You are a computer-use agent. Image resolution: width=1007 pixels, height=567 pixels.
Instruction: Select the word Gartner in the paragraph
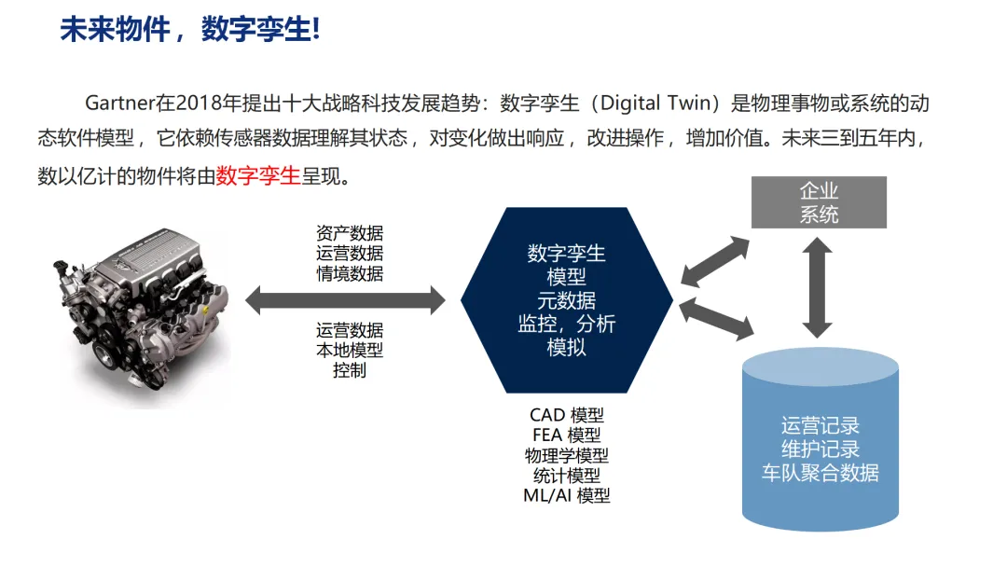(117, 103)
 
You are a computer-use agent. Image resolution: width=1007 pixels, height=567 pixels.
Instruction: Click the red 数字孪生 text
(258, 174)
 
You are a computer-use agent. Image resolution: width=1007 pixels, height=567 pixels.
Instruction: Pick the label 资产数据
(350, 233)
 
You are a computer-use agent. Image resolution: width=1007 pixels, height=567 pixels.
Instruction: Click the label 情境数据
(350, 273)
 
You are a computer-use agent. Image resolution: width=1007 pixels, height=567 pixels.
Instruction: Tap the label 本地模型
(350, 350)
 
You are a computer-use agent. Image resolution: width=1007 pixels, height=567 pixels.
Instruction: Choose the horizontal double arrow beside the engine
(345, 300)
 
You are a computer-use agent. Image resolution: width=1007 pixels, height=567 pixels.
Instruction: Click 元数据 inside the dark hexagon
(566, 300)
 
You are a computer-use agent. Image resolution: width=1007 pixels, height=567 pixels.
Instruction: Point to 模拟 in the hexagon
(566, 347)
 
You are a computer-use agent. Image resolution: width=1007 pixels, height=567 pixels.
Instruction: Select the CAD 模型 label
(566, 415)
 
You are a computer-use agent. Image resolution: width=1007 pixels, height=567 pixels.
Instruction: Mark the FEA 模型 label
(566, 436)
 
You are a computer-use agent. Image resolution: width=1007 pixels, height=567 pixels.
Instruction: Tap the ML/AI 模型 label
(566, 496)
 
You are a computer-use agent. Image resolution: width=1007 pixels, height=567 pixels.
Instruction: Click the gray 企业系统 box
(819, 202)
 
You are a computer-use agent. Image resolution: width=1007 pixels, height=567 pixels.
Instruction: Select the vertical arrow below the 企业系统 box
(818, 286)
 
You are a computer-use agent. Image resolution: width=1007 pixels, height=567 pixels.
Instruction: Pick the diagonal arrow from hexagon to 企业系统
(715, 261)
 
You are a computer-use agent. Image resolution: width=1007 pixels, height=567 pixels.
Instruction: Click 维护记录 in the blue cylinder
(820, 449)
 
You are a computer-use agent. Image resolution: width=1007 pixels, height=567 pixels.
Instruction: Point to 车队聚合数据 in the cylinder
(820, 472)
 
